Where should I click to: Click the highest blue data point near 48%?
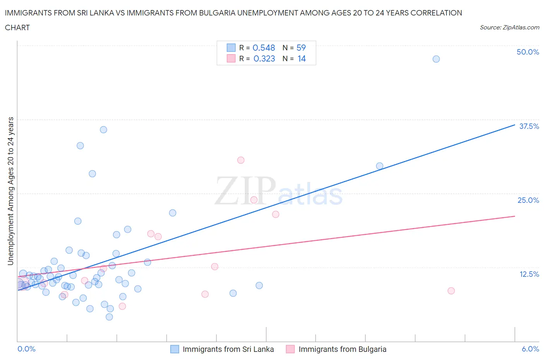(436, 59)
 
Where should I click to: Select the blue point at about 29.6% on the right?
(380, 166)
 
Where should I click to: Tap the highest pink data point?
(241, 160)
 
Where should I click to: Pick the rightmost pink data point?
(451, 291)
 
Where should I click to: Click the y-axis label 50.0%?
(528, 52)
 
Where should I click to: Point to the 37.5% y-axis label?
(529, 126)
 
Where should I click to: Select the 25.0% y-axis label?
(528, 200)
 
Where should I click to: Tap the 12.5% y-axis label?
(529, 274)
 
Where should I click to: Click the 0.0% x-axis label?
(27, 349)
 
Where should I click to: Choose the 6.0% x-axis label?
(530, 349)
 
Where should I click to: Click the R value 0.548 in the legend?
(264, 48)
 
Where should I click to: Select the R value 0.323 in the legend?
(264, 58)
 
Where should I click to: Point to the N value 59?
(301, 48)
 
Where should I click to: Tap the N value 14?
(302, 58)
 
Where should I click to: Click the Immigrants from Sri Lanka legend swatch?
(175, 349)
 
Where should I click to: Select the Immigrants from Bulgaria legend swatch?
(290, 349)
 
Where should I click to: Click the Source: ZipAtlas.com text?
(509, 27)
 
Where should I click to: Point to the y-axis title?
(10, 191)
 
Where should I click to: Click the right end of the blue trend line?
(515, 125)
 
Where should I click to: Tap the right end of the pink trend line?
(515, 216)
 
